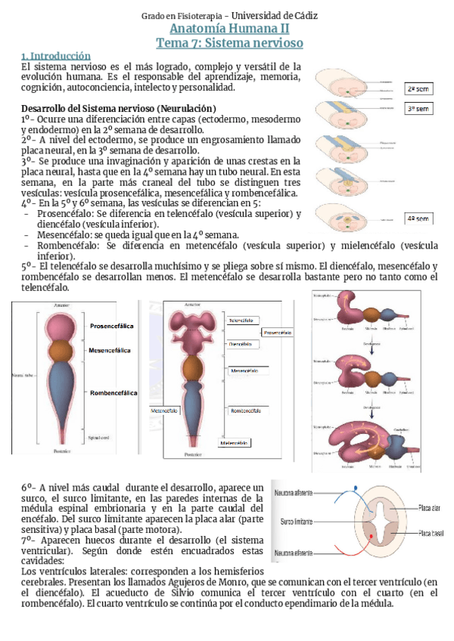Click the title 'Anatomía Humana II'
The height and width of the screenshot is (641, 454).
[226, 29]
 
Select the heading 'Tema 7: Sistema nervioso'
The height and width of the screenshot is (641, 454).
[226, 43]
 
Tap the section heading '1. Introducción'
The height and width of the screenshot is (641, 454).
[56, 56]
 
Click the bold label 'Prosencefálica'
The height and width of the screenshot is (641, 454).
[113, 326]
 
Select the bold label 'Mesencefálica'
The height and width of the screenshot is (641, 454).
[110, 350]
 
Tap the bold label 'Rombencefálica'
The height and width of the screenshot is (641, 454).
[113, 393]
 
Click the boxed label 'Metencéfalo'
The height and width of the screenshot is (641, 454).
[168, 410]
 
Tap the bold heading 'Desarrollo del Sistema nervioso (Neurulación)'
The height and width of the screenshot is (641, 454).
[120, 107]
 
